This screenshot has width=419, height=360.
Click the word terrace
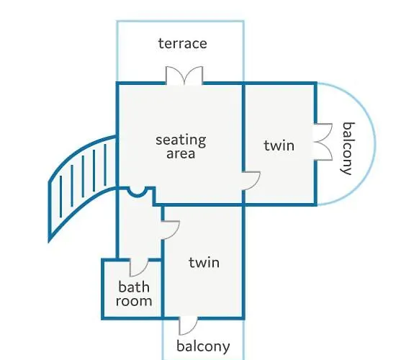point(183,44)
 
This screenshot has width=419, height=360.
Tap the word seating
point(181,140)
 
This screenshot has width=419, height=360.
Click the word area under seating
point(181,153)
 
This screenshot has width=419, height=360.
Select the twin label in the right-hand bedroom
point(279,145)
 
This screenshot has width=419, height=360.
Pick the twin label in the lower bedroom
point(204,263)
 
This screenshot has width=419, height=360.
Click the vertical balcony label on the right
point(348,148)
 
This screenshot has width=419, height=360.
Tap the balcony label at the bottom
point(203,346)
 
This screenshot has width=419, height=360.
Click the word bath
point(134,287)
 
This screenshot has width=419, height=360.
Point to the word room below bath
point(134,301)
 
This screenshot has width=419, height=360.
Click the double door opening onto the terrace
point(184,76)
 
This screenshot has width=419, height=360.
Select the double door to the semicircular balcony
point(323,142)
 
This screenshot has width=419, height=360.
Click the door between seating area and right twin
point(251,181)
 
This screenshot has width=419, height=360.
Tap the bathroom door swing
point(139,267)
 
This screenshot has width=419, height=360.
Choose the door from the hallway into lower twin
point(171,230)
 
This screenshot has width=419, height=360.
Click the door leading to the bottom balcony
point(188,325)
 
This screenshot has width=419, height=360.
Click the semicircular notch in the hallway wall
point(137,192)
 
